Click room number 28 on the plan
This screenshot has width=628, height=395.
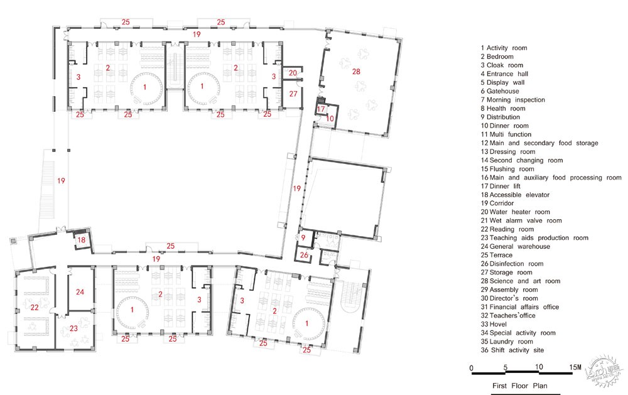point(356,72)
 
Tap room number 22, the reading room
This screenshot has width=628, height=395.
point(35,307)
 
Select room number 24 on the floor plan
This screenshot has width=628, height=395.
point(80,292)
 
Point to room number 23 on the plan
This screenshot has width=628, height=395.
point(73,328)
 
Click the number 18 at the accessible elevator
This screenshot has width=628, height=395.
point(81,240)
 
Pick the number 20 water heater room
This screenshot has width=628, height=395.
point(293,73)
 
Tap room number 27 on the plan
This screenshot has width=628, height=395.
point(293,94)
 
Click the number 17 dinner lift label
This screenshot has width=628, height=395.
point(321,109)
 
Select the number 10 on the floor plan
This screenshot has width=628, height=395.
point(330,119)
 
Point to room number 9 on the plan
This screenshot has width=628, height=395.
point(303,237)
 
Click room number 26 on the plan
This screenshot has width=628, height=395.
point(304,255)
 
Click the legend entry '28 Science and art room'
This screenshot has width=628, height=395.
point(521,281)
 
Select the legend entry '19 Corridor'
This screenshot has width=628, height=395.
point(497,203)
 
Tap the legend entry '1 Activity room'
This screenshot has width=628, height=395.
point(504,48)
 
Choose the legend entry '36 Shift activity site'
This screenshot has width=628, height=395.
point(512,350)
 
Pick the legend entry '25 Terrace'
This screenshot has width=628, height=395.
point(497,255)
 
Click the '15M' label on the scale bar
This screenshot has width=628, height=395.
point(575,367)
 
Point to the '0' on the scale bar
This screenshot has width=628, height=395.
point(472,368)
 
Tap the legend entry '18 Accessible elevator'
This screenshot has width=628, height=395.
point(516,195)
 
